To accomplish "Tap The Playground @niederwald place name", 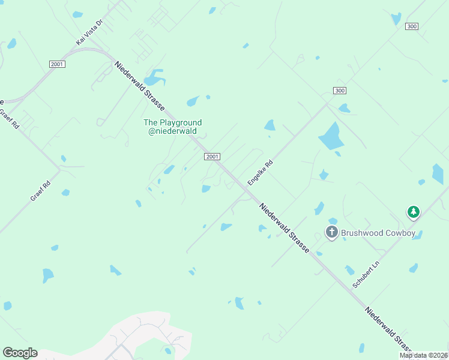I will [172, 127].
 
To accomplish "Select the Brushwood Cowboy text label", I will [378, 233].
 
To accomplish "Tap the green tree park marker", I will [413, 212].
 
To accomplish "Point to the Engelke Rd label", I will [261, 172].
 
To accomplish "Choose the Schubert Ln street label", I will [367, 275].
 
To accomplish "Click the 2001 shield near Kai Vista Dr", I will [57, 64].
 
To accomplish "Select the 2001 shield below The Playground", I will [212, 157].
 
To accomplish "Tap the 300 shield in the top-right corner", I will [412, 26].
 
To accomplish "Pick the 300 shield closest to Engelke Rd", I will [339, 91].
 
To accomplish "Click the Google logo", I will [20, 353].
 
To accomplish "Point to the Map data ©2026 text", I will [423, 355].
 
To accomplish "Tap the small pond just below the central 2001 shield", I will [206, 189].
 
